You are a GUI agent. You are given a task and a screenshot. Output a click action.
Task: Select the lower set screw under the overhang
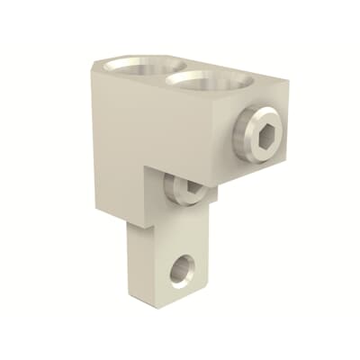186,187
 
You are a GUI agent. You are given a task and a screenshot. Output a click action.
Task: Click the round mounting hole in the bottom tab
183,267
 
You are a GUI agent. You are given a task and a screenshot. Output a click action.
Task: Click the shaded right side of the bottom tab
210,252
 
